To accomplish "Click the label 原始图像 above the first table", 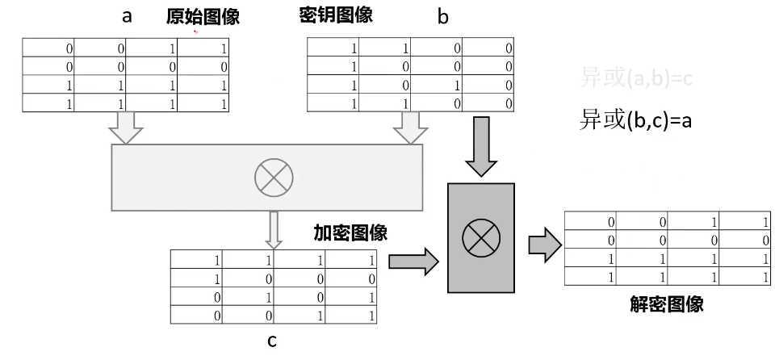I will [x=203, y=16].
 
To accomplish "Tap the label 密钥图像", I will [x=335, y=15].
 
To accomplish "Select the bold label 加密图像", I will [x=350, y=234].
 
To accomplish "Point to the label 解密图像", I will [x=666, y=304].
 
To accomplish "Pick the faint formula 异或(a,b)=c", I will [x=637, y=77].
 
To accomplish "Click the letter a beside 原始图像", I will [x=127, y=16].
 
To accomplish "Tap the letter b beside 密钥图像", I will [x=442, y=17].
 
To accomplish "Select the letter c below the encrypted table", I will [x=272, y=341].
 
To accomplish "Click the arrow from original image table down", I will [x=126, y=128].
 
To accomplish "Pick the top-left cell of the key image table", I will [x=334, y=48].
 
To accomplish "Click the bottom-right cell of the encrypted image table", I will [x=351, y=316].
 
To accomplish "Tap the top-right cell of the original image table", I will [x=203, y=48].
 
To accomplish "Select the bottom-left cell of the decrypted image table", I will [x=591, y=276].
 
